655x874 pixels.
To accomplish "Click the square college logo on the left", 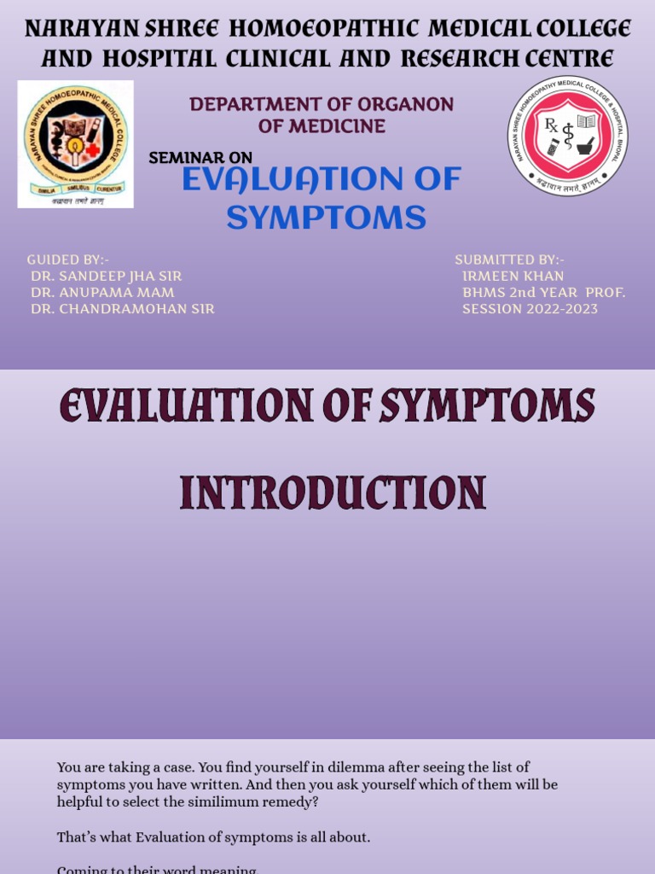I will click(x=75, y=144).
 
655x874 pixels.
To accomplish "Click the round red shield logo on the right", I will click(x=568, y=136).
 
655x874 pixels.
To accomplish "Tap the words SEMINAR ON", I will click(x=200, y=158).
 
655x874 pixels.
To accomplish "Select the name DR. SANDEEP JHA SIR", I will click(x=106, y=277).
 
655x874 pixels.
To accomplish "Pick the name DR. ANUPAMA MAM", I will click(x=102, y=293).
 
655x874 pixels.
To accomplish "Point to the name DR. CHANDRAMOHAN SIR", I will click(x=122, y=309).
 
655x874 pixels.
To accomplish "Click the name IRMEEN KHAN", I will click(x=513, y=277).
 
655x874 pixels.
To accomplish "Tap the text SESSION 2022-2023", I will click(x=530, y=309).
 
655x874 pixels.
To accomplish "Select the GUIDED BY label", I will click(x=67, y=259).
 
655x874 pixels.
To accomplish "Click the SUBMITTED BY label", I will click(x=509, y=259).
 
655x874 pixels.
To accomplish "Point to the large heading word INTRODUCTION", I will click(x=333, y=494).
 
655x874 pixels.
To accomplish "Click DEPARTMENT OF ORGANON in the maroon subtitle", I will click(x=322, y=104).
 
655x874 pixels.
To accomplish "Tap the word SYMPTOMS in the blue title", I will click(x=326, y=218).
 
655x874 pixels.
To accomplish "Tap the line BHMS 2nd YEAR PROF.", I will click(x=543, y=293).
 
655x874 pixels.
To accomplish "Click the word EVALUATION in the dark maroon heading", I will click(x=164, y=406).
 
